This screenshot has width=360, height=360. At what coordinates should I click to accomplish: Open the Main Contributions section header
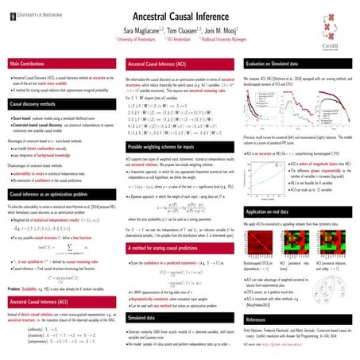[x=31, y=62]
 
